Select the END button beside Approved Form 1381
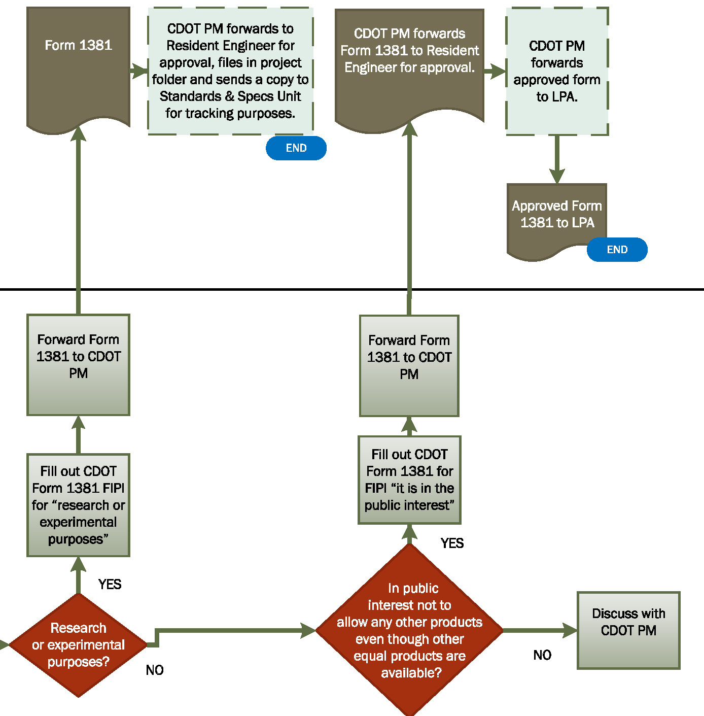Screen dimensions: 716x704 [x=617, y=250]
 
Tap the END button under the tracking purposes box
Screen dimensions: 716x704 [x=296, y=148]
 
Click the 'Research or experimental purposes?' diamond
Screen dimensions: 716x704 [x=78, y=645]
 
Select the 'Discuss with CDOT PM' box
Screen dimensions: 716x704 [x=628, y=630]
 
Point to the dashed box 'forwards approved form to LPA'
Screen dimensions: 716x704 [x=557, y=71]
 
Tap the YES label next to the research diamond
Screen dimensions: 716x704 [x=110, y=584]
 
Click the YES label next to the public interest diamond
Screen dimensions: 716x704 [x=452, y=543]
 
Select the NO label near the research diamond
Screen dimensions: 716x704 [x=155, y=670]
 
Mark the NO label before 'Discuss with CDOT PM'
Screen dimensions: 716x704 [x=542, y=655]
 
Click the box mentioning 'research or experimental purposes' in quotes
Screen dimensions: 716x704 [x=78, y=505]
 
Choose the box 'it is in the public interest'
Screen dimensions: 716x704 [x=409, y=480]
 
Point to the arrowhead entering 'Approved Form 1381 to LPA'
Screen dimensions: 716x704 [x=557, y=176]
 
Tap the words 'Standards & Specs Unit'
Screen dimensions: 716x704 [x=230, y=96]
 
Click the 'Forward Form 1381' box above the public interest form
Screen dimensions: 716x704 [x=409, y=365]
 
